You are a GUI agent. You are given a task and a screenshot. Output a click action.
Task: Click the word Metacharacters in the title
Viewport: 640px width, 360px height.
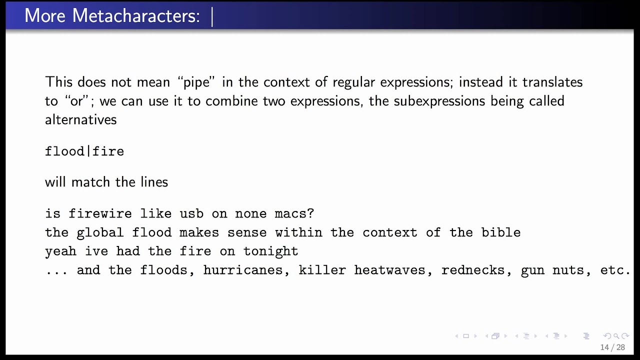click(136, 15)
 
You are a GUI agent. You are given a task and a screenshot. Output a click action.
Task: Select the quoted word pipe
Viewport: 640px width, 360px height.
click(203, 82)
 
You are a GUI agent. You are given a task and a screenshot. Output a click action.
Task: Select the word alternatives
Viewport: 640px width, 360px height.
click(80, 120)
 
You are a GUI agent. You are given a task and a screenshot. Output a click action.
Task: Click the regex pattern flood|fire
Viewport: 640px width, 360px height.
click(84, 151)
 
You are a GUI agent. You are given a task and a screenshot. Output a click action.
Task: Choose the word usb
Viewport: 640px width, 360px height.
click(191, 214)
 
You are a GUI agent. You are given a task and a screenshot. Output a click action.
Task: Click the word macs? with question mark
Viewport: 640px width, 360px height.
click(294, 214)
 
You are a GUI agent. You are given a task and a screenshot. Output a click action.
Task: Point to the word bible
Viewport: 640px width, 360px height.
click(501, 232)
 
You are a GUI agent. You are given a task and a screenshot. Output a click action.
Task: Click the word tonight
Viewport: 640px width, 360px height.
click(270, 251)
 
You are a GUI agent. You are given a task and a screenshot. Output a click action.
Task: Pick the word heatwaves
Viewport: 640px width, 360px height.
click(393, 270)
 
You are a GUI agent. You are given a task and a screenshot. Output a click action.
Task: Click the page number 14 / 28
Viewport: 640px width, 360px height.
click(612, 347)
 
